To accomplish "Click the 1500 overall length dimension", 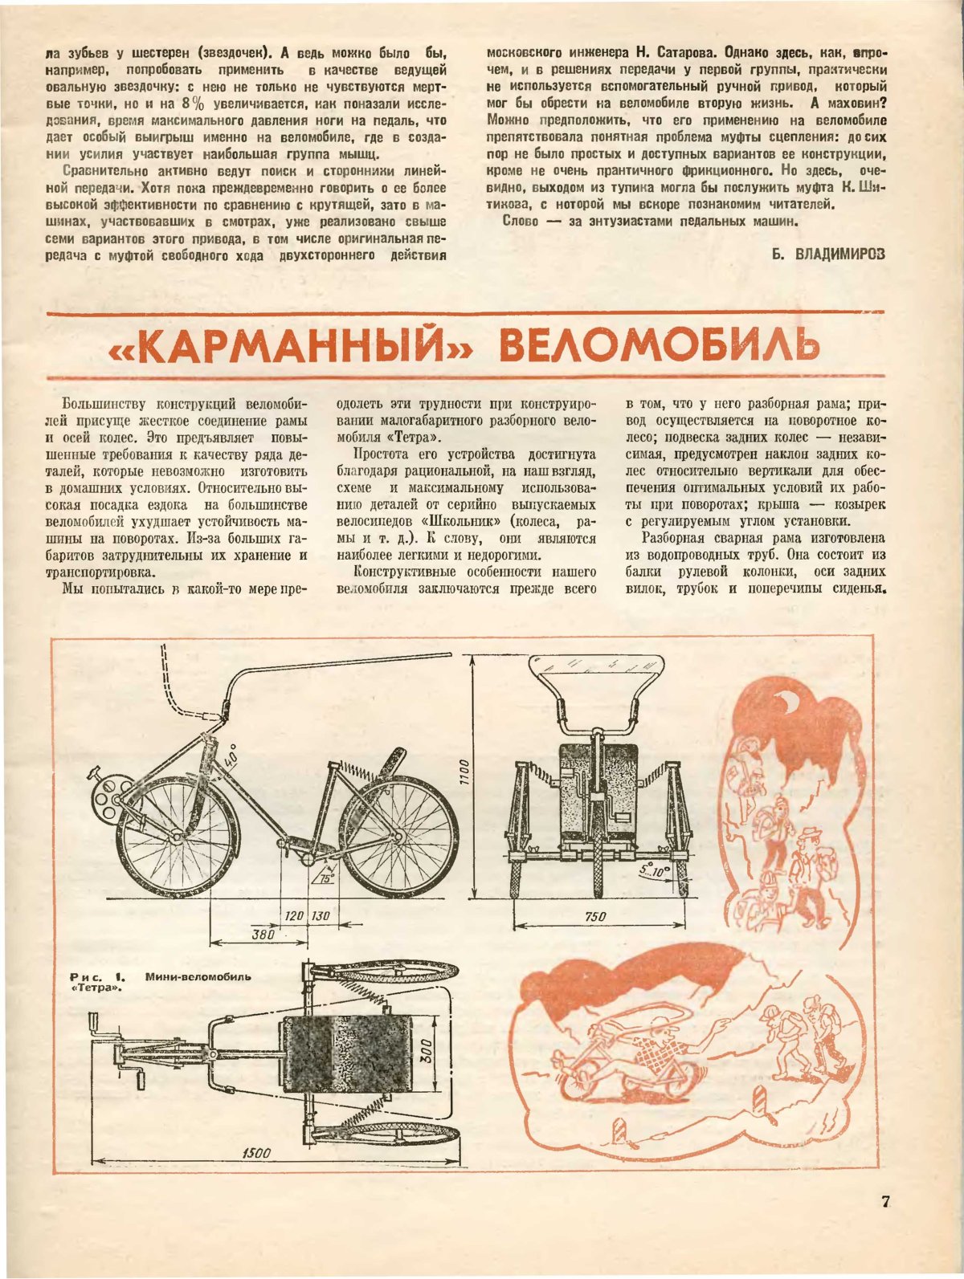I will [256, 1153].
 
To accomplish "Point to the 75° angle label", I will [326, 878].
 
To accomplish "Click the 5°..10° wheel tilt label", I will [656, 870].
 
